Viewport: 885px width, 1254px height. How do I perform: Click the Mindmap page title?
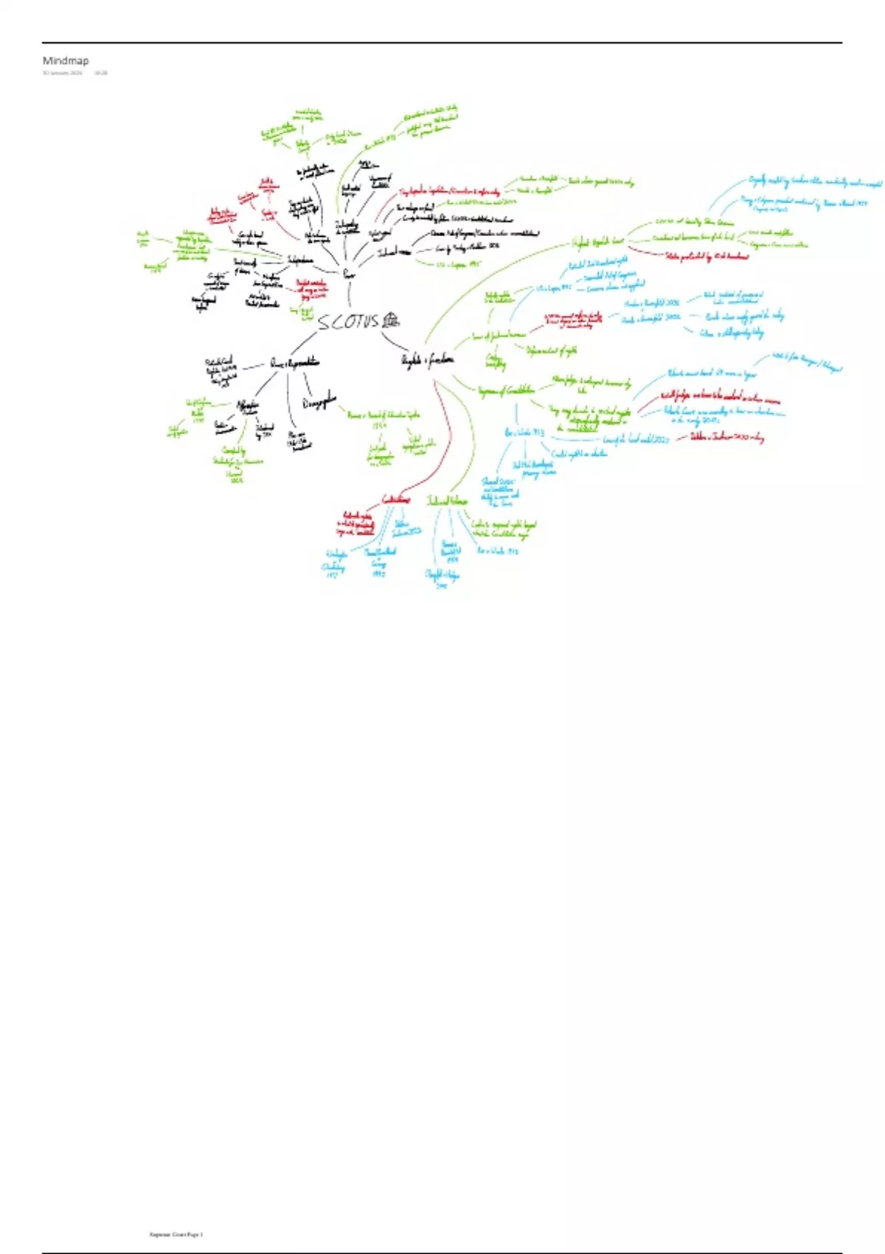tap(65, 60)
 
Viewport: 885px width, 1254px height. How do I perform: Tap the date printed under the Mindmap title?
tap(62, 73)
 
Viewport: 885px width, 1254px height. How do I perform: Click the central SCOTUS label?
tap(348, 322)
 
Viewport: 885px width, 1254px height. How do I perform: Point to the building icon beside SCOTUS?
tap(391, 319)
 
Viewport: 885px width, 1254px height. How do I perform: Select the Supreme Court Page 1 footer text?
tap(176, 1234)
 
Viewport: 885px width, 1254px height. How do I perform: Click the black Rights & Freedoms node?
tap(427, 360)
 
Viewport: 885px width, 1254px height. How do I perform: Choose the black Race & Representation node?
tap(294, 363)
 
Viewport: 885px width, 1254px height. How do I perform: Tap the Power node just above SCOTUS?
tap(349, 274)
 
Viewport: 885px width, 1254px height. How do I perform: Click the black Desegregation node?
tap(319, 403)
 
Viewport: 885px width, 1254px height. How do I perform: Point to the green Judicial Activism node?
tap(447, 501)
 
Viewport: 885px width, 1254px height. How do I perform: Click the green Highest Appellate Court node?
tap(598, 241)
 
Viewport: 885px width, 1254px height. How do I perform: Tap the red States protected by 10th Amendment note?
tap(707, 256)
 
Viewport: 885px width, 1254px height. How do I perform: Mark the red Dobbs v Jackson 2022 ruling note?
tap(726, 437)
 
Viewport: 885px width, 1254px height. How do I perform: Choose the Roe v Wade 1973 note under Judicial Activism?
tap(498, 550)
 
